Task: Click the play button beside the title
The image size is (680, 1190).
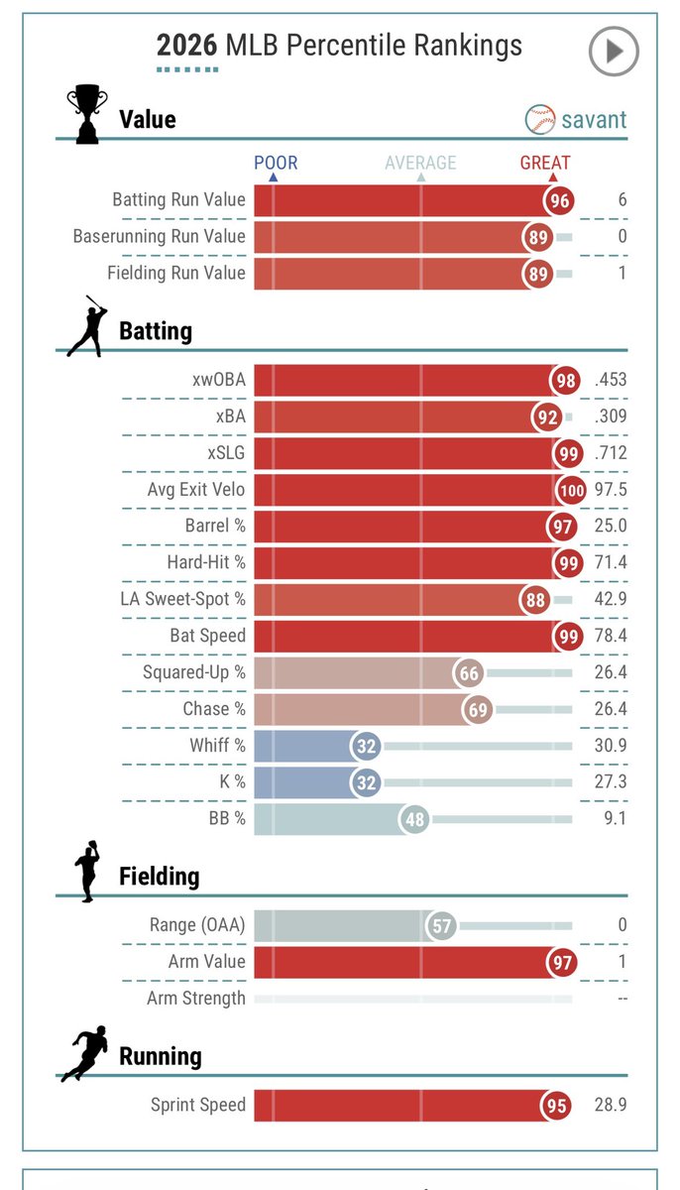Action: [614, 52]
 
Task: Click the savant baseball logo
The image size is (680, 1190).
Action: [540, 120]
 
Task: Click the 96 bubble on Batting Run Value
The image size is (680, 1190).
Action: [560, 200]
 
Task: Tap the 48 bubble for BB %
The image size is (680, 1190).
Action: [414, 819]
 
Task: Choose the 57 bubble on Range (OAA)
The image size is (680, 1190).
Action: [441, 926]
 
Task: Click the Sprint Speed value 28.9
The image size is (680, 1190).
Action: [609, 1105]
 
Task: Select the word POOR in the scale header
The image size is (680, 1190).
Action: [275, 163]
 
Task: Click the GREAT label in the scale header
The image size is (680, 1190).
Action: [545, 163]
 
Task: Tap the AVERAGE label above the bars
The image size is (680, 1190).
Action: [420, 163]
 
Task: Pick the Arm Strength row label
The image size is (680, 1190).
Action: [195, 998]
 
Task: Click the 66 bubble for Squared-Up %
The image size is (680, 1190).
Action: [469, 674]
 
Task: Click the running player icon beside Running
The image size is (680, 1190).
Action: [85, 1053]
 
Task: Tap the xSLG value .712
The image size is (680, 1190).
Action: [609, 453]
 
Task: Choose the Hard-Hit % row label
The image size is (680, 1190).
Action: [205, 562]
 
